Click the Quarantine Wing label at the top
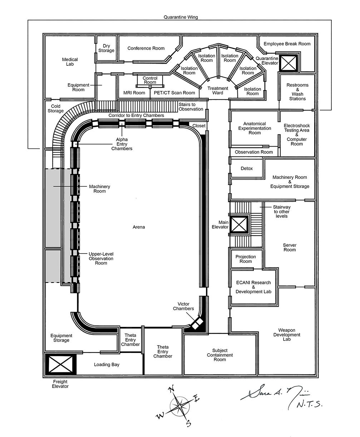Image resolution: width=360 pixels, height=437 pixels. point(181,17)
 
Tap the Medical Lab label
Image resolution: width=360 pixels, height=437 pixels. point(70,62)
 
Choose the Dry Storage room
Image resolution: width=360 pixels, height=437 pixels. point(106,48)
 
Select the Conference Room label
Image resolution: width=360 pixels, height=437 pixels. point(146,48)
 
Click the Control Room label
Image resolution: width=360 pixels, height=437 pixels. point(150,80)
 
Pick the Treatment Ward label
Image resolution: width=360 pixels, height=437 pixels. point(218,90)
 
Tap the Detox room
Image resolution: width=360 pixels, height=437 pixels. point(247,168)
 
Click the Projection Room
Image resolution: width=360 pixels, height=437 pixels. point(246,259)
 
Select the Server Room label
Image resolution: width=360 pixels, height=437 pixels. point(290,247)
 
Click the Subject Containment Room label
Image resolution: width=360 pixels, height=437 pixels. point(220,355)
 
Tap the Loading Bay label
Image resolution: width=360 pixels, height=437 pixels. point(107,364)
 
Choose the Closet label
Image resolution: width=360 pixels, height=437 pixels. point(199,126)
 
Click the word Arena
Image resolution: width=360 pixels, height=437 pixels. point(139,227)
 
